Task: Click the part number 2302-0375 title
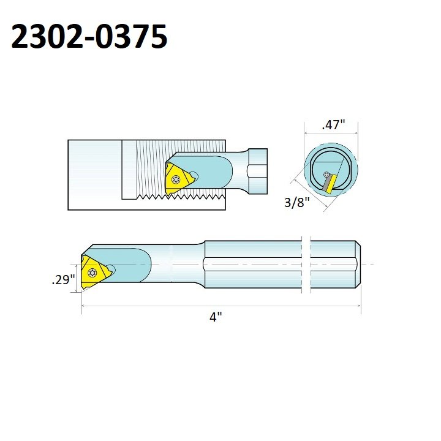tap(89, 38)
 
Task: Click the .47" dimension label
tap(333, 125)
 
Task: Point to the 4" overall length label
tap(214, 318)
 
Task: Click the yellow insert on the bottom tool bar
tap(94, 270)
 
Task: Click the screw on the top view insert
tap(177, 179)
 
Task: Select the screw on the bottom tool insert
tap(93, 271)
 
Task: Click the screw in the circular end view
tap(327, 176)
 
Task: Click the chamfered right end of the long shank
tap(358, 264)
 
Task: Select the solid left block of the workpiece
tap(94, 175)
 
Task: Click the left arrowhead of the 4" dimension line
tap(84, 306)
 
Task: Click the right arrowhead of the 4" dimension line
tap(358, 306)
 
